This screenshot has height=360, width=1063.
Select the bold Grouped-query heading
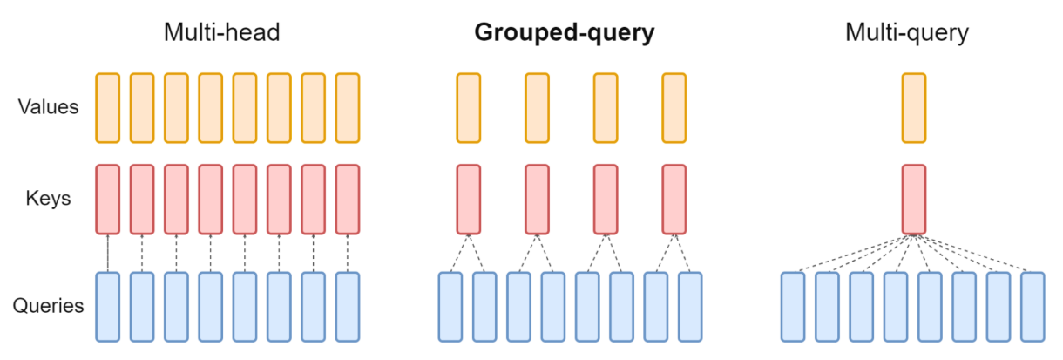564,33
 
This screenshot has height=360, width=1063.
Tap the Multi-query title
907,33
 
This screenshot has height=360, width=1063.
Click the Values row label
49,108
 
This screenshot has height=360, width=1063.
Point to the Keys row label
49,199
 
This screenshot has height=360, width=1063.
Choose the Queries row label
49,306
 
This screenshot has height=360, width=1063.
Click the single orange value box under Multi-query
913,108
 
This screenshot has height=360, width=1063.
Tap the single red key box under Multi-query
913,199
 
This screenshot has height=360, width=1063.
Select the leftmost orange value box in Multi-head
107,108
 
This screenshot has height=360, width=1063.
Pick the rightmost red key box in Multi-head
348,199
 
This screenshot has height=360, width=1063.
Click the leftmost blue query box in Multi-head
107,306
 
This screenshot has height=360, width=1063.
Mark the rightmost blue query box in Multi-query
1033,306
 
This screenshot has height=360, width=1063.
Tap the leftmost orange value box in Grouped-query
468,108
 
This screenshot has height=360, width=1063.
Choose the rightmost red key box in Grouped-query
674,199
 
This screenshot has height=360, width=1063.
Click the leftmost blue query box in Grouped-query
450,306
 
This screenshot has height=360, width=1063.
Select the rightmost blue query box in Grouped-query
690,306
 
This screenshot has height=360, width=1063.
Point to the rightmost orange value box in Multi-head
348,108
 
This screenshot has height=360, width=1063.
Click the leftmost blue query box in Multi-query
793,306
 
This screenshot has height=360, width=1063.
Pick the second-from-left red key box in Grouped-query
537,199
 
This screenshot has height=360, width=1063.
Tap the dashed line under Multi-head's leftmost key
107,253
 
